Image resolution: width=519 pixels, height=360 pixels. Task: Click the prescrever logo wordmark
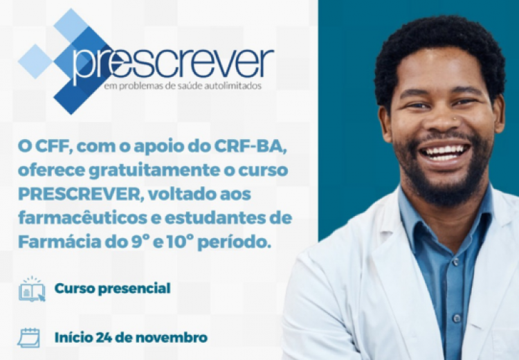pyautogui.click(x=173, y=64)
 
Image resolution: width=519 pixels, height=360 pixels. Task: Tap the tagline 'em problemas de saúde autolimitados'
pyautogui.click(x=183, y=86)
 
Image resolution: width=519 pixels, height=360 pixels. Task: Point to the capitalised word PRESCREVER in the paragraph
pyautogui.click(x=80, y=195)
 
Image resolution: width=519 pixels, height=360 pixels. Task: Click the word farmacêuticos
pyautogui.click(x=82, y=219)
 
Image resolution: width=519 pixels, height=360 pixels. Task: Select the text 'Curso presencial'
pyautogui.click(x=113, y=288)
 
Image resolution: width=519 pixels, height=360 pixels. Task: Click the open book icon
pyautogui.click(x=32, y=289)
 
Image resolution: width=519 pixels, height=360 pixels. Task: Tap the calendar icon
pyautogui.click(x=29, y=337)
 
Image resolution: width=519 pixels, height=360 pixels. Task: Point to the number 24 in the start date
pyautogui.click(x=104, y=338)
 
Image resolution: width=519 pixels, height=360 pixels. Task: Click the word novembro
pyautogui.click(x=172, y=338)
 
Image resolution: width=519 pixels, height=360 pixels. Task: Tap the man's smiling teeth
pyautogui.click(x=444, y=152)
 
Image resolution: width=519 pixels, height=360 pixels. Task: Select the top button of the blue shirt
pyautogui.click(x=456, y=262)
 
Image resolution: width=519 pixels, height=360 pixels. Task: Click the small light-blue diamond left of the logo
pyautogui.click(x=36, y=62)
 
